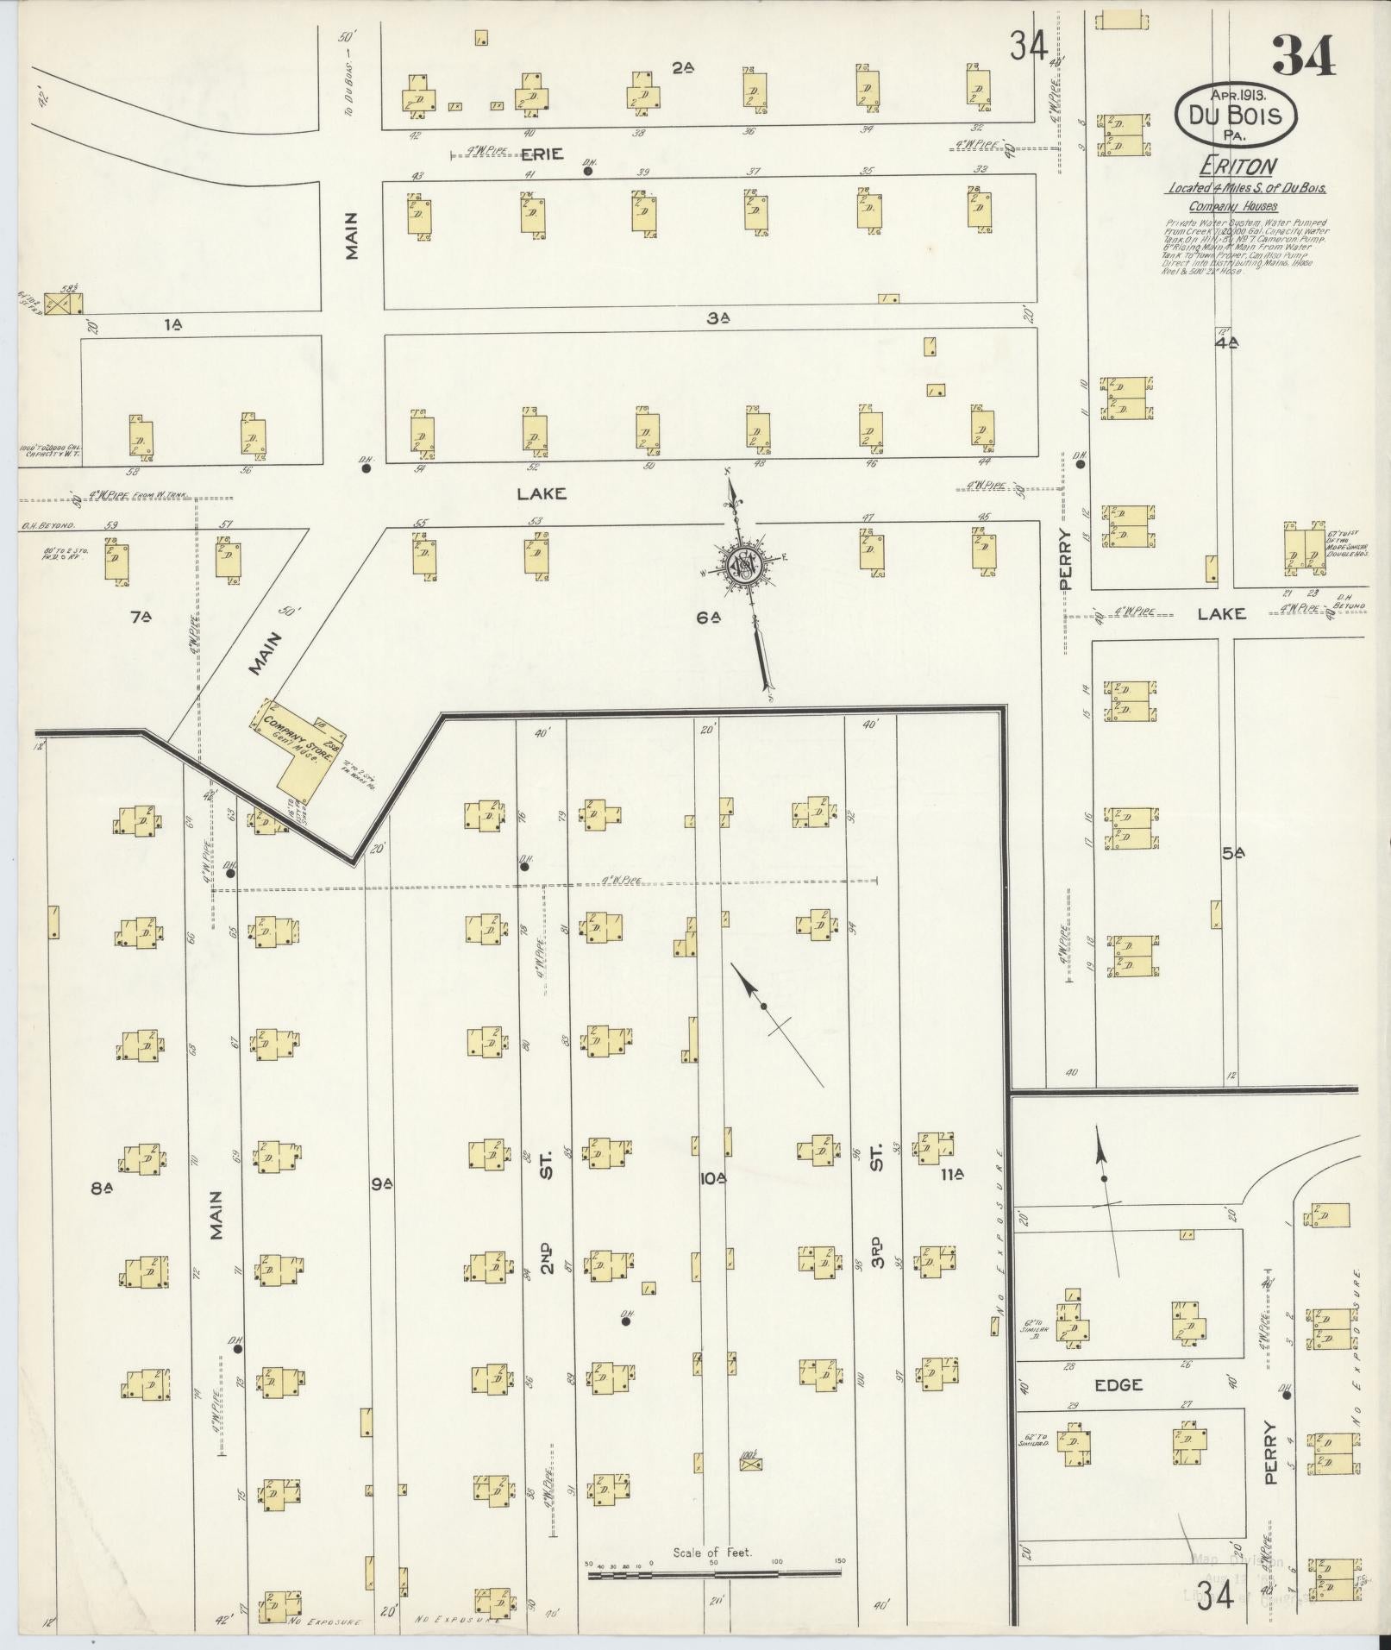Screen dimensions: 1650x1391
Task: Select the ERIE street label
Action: click(542, 154)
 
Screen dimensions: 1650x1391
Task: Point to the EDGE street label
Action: click(1118, 1384)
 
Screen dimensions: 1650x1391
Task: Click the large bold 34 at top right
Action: click(1303, 56)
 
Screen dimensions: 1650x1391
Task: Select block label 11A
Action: click(952, 1175)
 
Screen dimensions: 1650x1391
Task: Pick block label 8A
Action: click(103, 1189)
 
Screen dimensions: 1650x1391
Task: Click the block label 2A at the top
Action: click(683, 67)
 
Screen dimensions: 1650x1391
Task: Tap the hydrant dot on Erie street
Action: click(588, 171)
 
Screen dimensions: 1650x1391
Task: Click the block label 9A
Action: click(381, 1185)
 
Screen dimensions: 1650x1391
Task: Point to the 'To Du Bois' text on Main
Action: click(349, 87)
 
